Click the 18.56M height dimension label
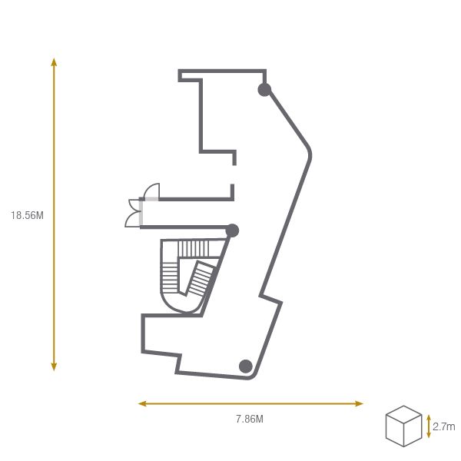[x=27, y=215]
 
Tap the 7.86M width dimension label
[x=250, y=419]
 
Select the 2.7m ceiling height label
[x=443, y=426]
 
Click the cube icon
[x=403, y=426]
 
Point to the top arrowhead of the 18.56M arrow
[x=54, y=61]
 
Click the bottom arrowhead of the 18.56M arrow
[x=54, y=367]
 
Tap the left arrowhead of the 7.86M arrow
[x=142, y=403]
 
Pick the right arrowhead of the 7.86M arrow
[x=359, y=403]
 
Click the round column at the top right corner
[x=264, y=89]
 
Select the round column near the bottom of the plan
[x=246, y=366]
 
